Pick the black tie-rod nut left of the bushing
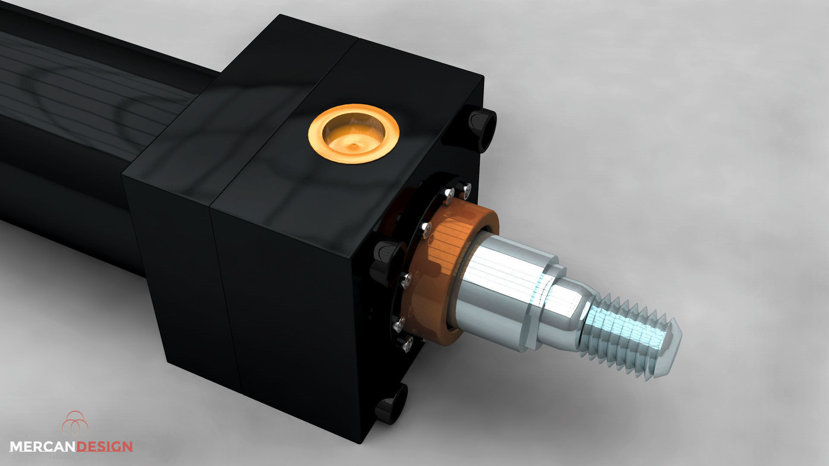tap(384, 261)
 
